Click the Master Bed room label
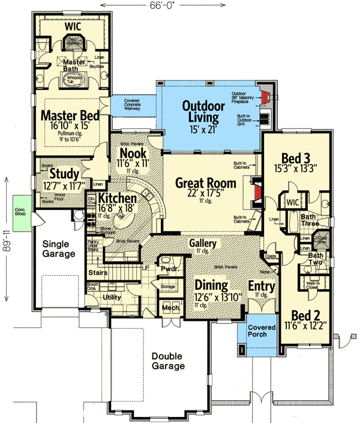point(70,115)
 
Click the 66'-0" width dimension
point(171,5)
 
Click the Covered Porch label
point(261,331)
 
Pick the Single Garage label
point(59,248)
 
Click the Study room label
point(59,174)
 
